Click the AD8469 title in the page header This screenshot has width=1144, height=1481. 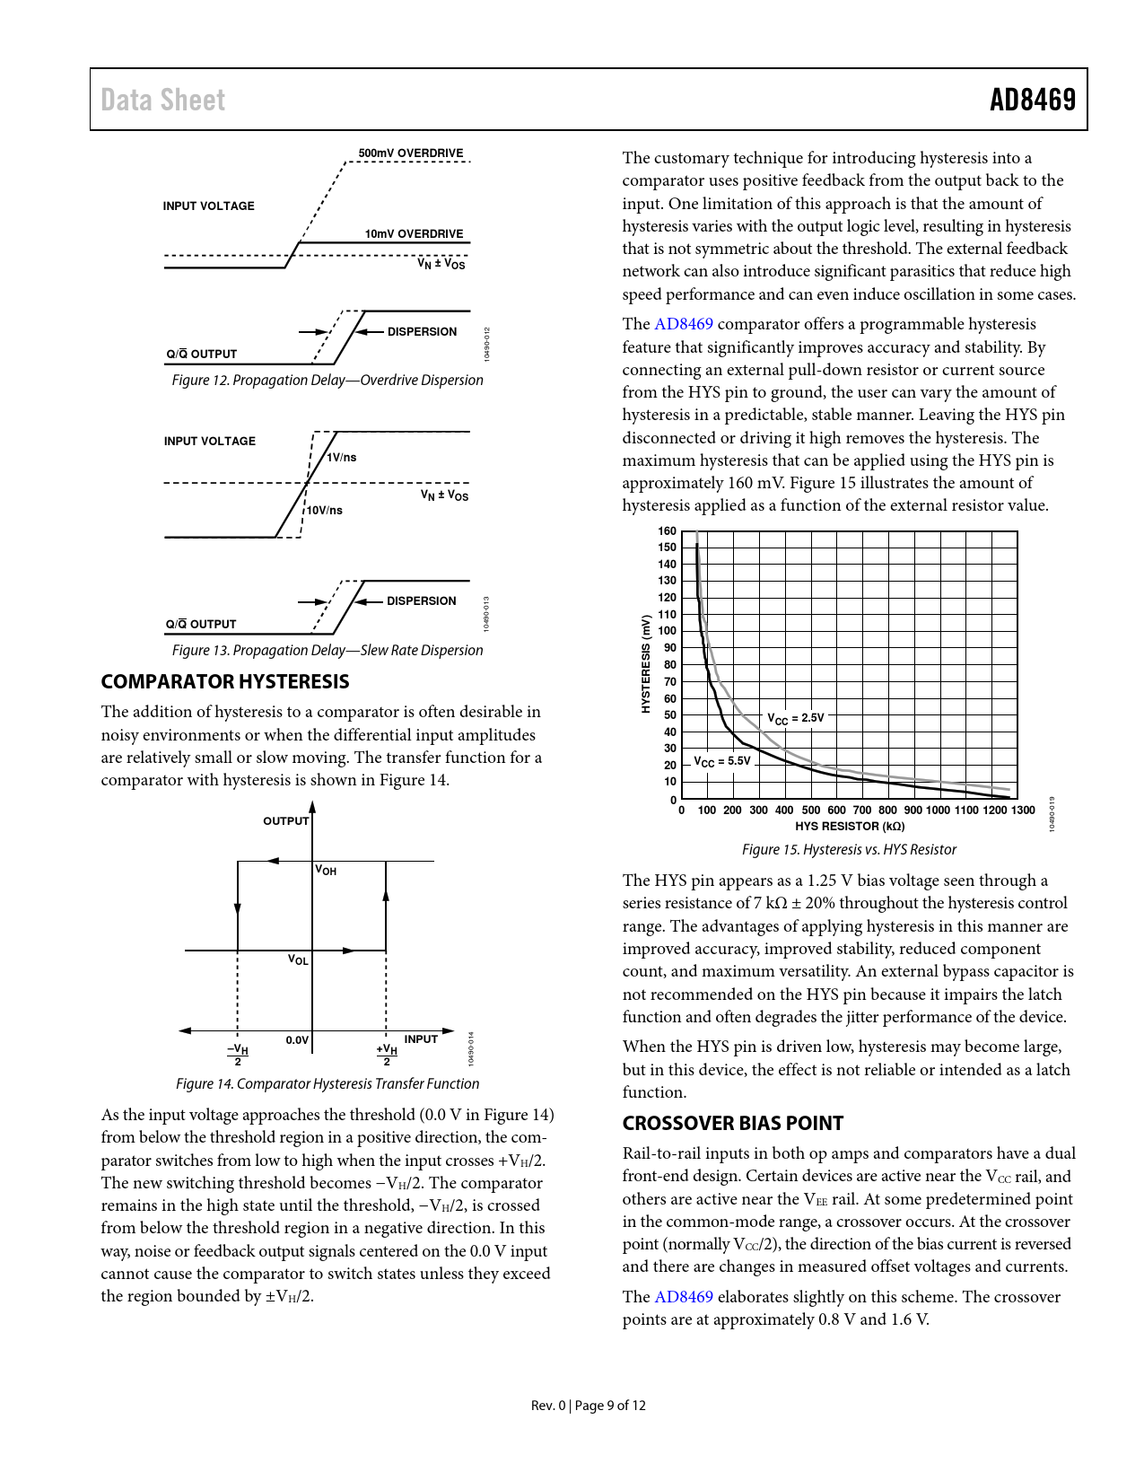[x=1032, y=100]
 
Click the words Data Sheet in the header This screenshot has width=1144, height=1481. [x=162, y=100]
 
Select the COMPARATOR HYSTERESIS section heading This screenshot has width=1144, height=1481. [x=225, y=682]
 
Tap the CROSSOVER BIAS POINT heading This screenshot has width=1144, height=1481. [x=732, y=1124]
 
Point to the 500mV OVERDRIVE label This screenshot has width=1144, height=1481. [x=411, y=153]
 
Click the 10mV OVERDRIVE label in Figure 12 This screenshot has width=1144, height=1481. [x=414, y=234]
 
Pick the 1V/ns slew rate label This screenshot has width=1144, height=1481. [x=342, y=458]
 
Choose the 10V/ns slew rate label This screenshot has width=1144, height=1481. [x=325, y=511]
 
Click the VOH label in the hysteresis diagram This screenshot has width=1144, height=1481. [x=326, y=871]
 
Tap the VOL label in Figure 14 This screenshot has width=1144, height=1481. [x=298, y=960]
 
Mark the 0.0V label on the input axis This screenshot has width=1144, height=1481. [x=297, y=1040]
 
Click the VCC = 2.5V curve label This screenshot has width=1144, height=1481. [x=795, y=718]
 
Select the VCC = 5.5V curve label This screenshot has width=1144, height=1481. [x=721, y=761]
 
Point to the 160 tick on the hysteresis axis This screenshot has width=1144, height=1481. [x=667, y=531]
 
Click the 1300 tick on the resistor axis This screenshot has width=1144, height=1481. [x=1023, y=811]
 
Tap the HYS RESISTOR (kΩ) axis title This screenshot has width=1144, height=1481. [x=849, y=827]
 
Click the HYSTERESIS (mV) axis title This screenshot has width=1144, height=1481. [x=645, y=664]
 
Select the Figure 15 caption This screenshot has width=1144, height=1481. [x=849, y=850]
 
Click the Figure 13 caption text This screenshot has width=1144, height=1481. [x=327, y=651]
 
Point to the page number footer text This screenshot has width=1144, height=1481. [x=589, y=1406]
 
